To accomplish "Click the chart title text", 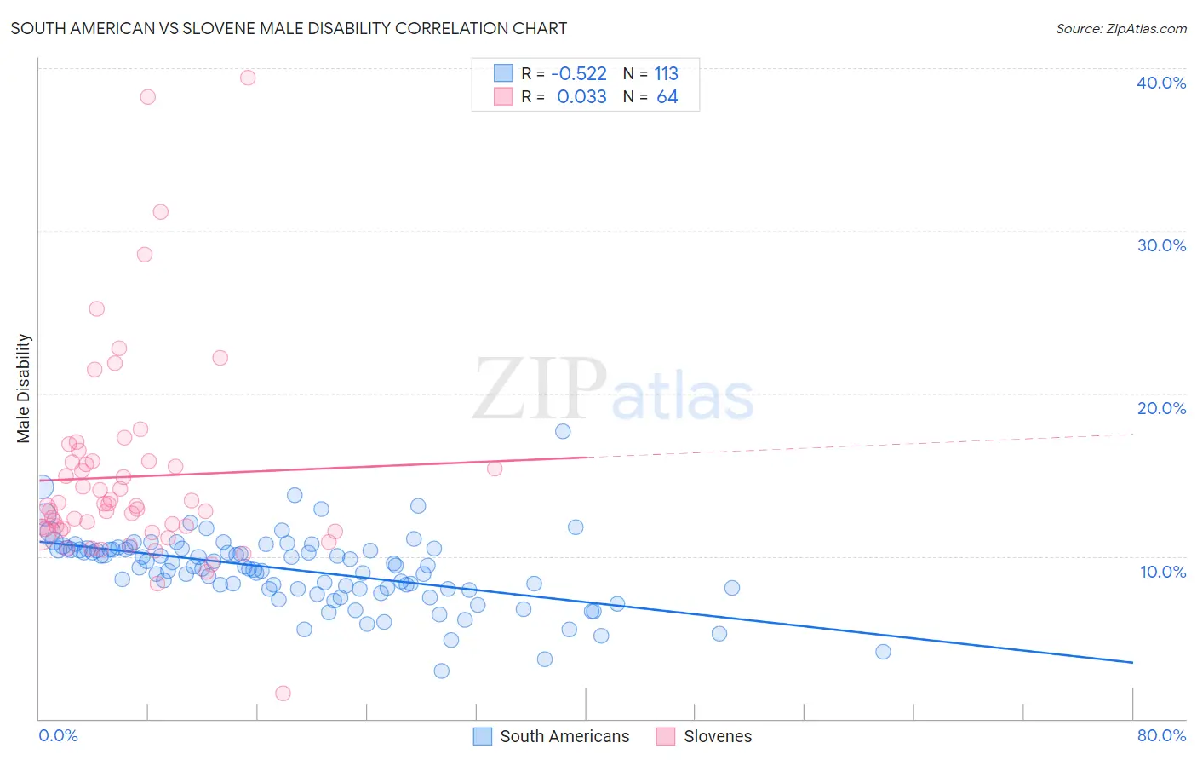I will [289, 28].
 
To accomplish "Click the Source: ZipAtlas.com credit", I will [1120, 28].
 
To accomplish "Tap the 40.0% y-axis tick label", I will [1160, 83].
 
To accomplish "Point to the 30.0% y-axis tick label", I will [1160, 245].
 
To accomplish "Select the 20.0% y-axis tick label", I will [1160, 408].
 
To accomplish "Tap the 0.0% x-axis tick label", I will [58, 735].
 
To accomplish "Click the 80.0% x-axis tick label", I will [1160, 735].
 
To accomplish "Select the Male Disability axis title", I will [24, 389].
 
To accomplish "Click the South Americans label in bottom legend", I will [564, 736].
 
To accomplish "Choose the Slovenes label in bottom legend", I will [717, 736].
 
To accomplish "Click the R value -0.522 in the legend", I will [579, 74].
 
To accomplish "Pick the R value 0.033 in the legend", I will [581, 97].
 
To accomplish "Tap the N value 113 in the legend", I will [666, 74].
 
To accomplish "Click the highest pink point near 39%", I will [248, 78].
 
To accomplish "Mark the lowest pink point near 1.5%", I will [283, 694].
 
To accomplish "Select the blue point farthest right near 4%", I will [883, 652].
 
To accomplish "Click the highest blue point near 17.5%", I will [563, 431].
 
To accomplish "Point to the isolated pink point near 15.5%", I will [495, 469].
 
